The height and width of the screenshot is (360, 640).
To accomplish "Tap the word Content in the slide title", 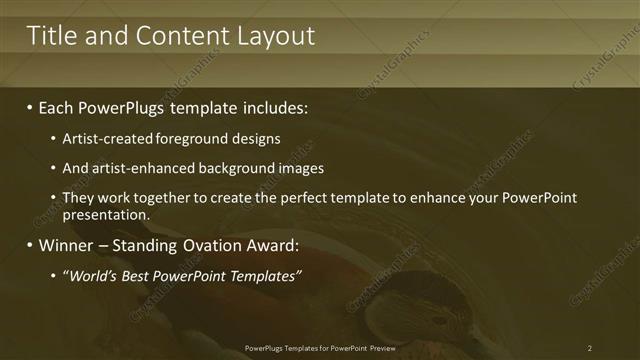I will pyautogui.click(x=183, y=36).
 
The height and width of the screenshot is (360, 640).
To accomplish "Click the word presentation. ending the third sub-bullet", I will pyautogui.click(x=106, y=214).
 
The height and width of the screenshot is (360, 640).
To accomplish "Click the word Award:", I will pyautogui.click(x=270, y=245).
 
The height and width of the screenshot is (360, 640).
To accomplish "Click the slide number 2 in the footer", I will pyautogui.click(x=590, y=348).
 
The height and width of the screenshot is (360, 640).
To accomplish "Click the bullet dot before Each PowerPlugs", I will pyautogui.click(x=29, y=106).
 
